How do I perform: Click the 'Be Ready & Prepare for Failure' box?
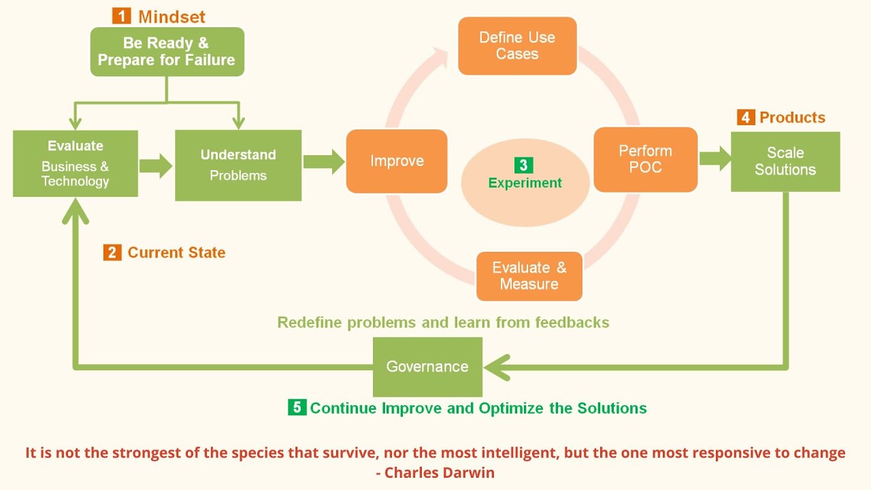coord(167,52)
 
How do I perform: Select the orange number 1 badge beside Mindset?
coord(121,16)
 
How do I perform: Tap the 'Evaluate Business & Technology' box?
coord(76,164)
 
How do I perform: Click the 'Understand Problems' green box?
coord(238,165)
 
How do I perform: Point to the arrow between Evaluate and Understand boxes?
coord(156,166)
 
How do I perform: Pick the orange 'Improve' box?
coord(397,161)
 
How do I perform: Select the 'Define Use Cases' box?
coord(517,46)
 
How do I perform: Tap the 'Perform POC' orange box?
coord(645,159)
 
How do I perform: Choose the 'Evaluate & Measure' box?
coord(529,276)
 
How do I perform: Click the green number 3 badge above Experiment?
coord(523,165)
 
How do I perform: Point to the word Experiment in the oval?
coord(525,183)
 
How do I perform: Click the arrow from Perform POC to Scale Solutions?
coord(714,159)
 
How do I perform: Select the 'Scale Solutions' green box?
coord(785,161)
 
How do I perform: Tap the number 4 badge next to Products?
coord(746,117)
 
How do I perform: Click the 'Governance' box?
coord(427,367)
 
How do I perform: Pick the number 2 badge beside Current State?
coord(112,252)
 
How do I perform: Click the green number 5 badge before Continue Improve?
coord(297,408)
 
